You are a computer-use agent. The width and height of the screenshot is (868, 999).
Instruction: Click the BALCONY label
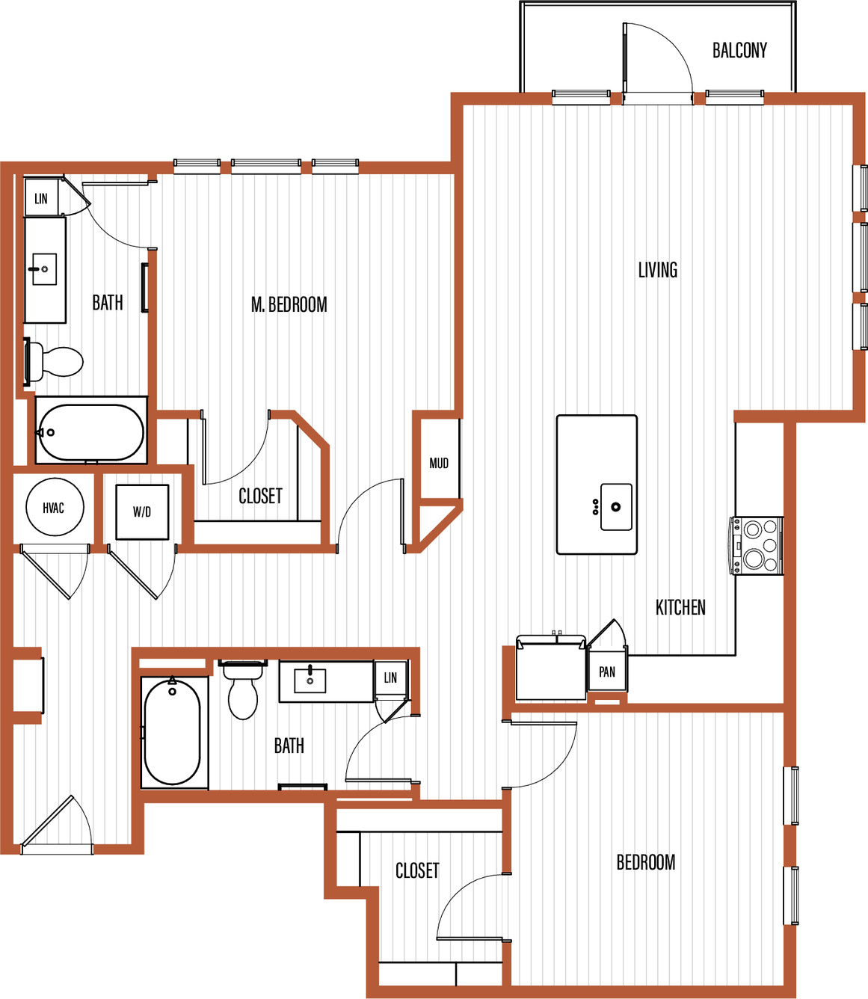739,50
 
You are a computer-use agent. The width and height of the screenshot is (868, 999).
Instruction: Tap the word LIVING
658,269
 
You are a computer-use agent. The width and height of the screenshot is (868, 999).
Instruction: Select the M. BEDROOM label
289,304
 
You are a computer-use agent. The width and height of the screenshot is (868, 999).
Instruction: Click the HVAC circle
55,507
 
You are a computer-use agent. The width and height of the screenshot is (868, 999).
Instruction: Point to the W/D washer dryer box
142,511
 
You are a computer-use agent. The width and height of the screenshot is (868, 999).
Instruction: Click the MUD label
439,463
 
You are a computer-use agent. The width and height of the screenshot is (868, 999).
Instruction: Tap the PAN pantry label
607,672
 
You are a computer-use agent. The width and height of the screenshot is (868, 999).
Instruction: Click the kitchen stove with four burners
757,545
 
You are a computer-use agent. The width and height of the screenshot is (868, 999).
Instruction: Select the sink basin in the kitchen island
616,507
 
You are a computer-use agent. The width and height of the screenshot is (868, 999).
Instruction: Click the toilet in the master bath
54,361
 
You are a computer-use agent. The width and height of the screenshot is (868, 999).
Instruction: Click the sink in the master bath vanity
44,269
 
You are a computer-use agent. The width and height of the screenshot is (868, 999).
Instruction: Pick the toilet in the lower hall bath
243,689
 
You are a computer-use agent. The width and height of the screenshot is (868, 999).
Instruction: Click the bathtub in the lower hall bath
173,732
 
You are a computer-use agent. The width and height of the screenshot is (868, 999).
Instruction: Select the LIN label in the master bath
41,199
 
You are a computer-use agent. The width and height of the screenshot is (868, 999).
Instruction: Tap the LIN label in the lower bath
390,677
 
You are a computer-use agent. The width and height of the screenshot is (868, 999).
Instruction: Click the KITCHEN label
680,607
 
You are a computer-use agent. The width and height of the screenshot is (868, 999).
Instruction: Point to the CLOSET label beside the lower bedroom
417,870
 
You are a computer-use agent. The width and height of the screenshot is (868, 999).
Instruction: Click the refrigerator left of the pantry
551,667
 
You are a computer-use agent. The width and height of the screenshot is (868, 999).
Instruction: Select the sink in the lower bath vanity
310,680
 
